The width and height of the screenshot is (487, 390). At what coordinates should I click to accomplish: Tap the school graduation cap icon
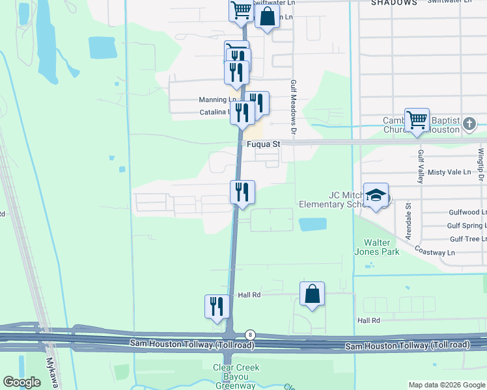pyautogui.click(x=376, y=194)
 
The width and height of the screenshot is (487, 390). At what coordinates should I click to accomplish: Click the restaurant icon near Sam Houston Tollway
pyautogui.click(x=217, y=306)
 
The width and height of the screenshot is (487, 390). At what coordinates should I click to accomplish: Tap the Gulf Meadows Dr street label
pyautogui.click(x=294, y=108)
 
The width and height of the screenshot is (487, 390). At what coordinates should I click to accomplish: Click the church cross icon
pyautogui.click(x=469, y=123)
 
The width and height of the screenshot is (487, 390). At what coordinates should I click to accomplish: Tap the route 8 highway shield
pyautogui.click(x=250, y=334)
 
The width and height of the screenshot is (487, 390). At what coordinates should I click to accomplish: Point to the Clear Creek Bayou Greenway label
pyautogui.click(x=236, y=376)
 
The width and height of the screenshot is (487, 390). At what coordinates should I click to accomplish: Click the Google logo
pyautogui.click(x=21, y=382)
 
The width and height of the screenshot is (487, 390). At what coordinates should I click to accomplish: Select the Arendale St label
pyautogui.click(x=408, y=220)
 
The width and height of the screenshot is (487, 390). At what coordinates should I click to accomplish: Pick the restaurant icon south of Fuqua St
pyautogui.click(x=242, y=192)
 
